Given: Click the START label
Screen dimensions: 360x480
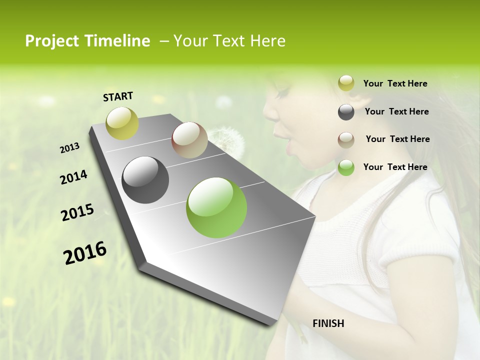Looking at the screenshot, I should click(118, 96).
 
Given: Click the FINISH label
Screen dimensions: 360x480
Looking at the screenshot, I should click(328, 323).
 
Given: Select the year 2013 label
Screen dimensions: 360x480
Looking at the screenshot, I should click(69, 148).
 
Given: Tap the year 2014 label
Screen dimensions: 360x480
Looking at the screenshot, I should click(73, 177).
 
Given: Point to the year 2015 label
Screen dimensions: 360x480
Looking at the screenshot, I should click(77, 212).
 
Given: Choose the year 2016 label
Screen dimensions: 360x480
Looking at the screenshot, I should click(85, 252).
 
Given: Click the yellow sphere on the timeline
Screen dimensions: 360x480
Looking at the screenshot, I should click(122, 123).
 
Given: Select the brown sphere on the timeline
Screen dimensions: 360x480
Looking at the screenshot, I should click(189, 140).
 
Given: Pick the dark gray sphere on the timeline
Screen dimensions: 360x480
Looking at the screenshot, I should click(145, 180).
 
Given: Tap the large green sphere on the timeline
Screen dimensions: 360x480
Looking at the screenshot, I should click(216, 207).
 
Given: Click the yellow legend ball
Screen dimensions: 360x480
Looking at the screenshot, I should click(346, 83).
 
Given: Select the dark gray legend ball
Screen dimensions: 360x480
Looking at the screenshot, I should click(346, 112).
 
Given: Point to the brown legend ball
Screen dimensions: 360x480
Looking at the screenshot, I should click(346, 140).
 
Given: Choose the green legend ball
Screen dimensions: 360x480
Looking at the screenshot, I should click(346, 167).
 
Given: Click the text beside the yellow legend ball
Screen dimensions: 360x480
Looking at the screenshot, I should click(395, 83).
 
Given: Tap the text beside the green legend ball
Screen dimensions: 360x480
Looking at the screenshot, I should click(395, 167).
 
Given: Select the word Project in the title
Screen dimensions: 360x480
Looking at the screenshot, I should click(52, 41).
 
